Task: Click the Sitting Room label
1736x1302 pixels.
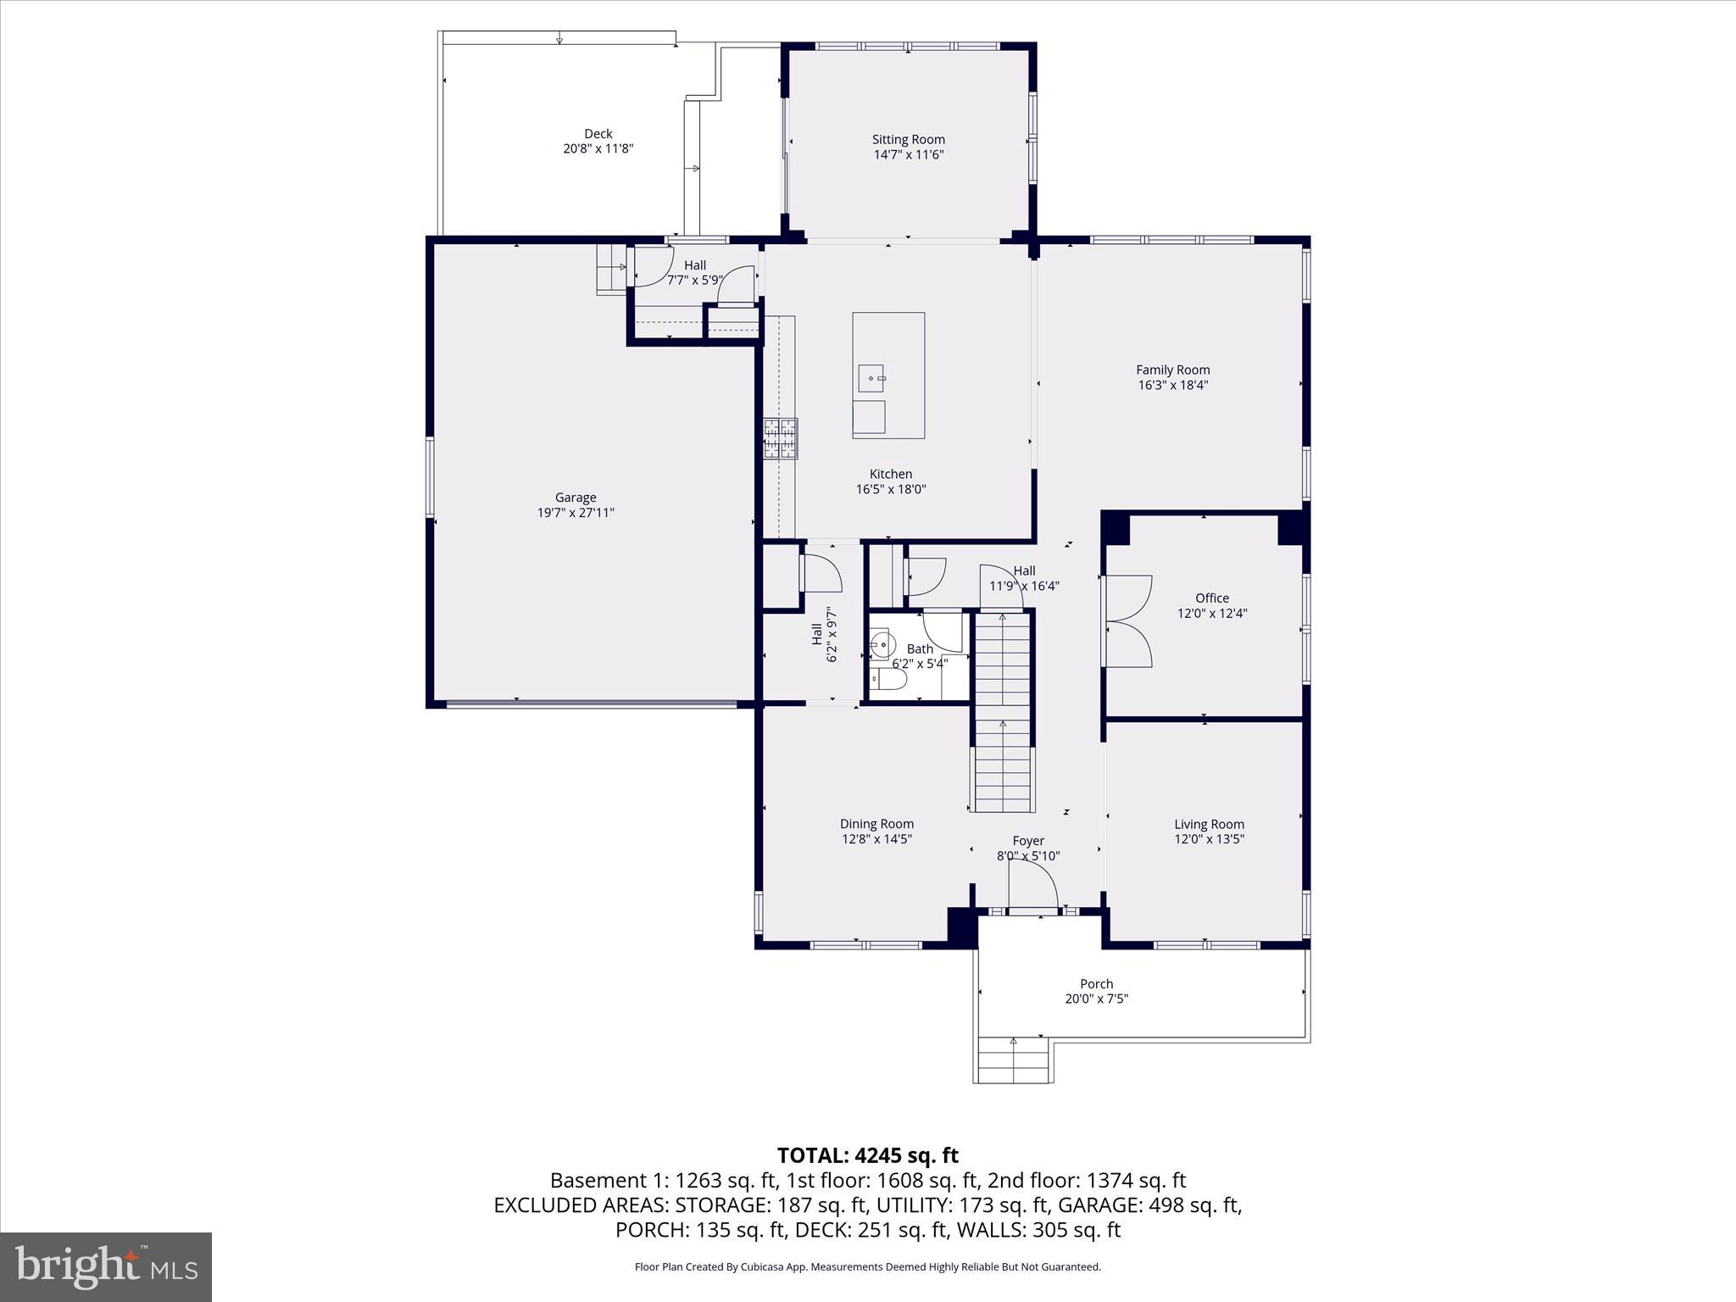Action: (x=908, y=140)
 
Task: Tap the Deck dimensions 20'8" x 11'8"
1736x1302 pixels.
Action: (x=598, y=149)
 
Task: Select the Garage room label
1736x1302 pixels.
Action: (x=576, y=498)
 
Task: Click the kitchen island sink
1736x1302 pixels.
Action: (x=871, y=377)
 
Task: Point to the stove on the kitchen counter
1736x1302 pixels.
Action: (x=781, y=438)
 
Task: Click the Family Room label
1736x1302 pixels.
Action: (x=1172, y=370)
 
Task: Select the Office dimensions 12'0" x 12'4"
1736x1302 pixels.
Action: (x=1211, y=614)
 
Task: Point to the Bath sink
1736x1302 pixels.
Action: (x=880, y=645)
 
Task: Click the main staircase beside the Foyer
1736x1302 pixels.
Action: (x=1003, y=712)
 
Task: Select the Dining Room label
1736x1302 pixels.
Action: (x=876, y=824)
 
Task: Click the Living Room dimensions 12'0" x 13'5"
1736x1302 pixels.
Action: (x=1209, y=839)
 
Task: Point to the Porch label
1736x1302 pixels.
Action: (x=1096, y=984)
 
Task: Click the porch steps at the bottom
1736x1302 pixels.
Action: (x=1014, y=1060)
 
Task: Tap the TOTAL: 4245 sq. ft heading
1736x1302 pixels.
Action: (x=867, y=1155)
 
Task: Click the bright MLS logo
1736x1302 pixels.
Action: (x=106, y=1266)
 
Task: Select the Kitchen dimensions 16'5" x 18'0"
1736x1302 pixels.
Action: (x=890, y=489)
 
